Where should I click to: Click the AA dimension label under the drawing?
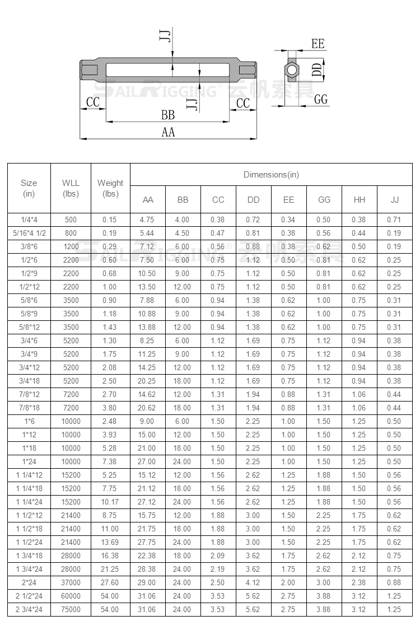168,132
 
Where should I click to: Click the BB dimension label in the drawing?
168,115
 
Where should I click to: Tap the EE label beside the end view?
318,44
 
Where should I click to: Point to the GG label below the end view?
321,99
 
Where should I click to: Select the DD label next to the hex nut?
317,69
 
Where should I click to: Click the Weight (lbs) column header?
110,188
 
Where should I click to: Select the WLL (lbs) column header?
71,188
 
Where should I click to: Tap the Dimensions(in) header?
271,175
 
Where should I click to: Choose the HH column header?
358,200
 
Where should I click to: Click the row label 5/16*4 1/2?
29,233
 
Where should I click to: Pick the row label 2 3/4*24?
29,609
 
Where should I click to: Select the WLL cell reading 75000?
71,609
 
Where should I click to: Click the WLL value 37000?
71,582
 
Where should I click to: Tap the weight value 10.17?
110,502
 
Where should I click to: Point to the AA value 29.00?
147,582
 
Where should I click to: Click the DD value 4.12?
253,582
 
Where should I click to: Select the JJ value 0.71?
394,220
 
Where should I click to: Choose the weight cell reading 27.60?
110,582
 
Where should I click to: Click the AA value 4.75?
147,220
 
